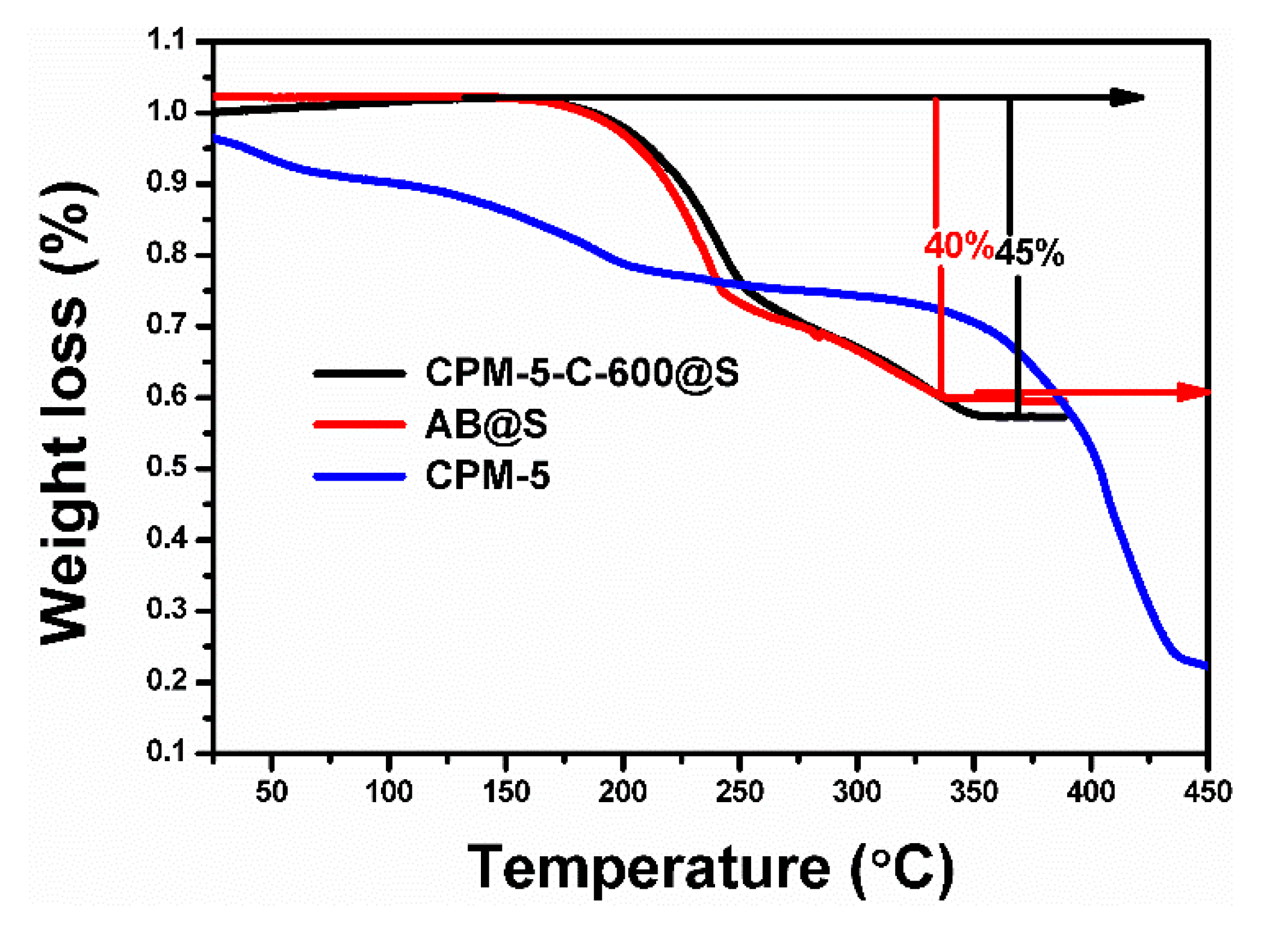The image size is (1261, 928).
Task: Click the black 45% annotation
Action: pyautogui.click(x=1029, y=253)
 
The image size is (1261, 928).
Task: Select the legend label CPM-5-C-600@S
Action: pyautogui.click(x=581, y=372)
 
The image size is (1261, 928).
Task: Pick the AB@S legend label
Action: pyautogui.click(x=486, y=424)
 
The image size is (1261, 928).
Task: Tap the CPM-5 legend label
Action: pyautogui.click(x=488, y=475)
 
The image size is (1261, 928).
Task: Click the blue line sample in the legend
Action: pyautogui.click(x=359, y=476)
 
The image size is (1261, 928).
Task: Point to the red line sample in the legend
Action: pyautogui.click(x=359, y=425)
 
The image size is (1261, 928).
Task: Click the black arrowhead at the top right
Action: pyautogui.click(x=1127, y=98)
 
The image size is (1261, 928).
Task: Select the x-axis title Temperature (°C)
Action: pyautogui.click(x=710, y=867)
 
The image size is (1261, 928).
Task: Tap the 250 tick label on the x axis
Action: pyautogui.click(x=739, y=791)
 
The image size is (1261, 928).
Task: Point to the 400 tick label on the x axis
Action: pyautogui.click(x=1090, y=791)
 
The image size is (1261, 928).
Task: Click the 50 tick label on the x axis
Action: pyautogui.click(x=271, y=791)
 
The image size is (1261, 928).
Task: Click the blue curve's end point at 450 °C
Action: pyautogui.click(x=1205, y=665)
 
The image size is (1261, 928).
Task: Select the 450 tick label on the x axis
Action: pyautogui.click(x=1207, y=791)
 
